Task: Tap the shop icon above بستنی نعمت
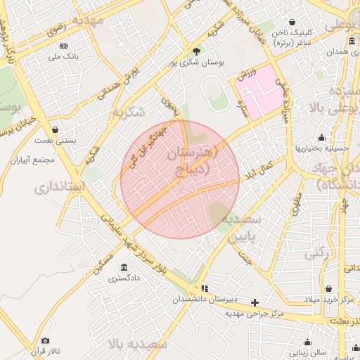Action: coord(56,129)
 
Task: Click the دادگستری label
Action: coord(124,278)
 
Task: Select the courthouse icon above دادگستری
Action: coord(124,267)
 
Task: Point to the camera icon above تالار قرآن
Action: coord(45,341)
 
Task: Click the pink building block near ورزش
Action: coord(259,91)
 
